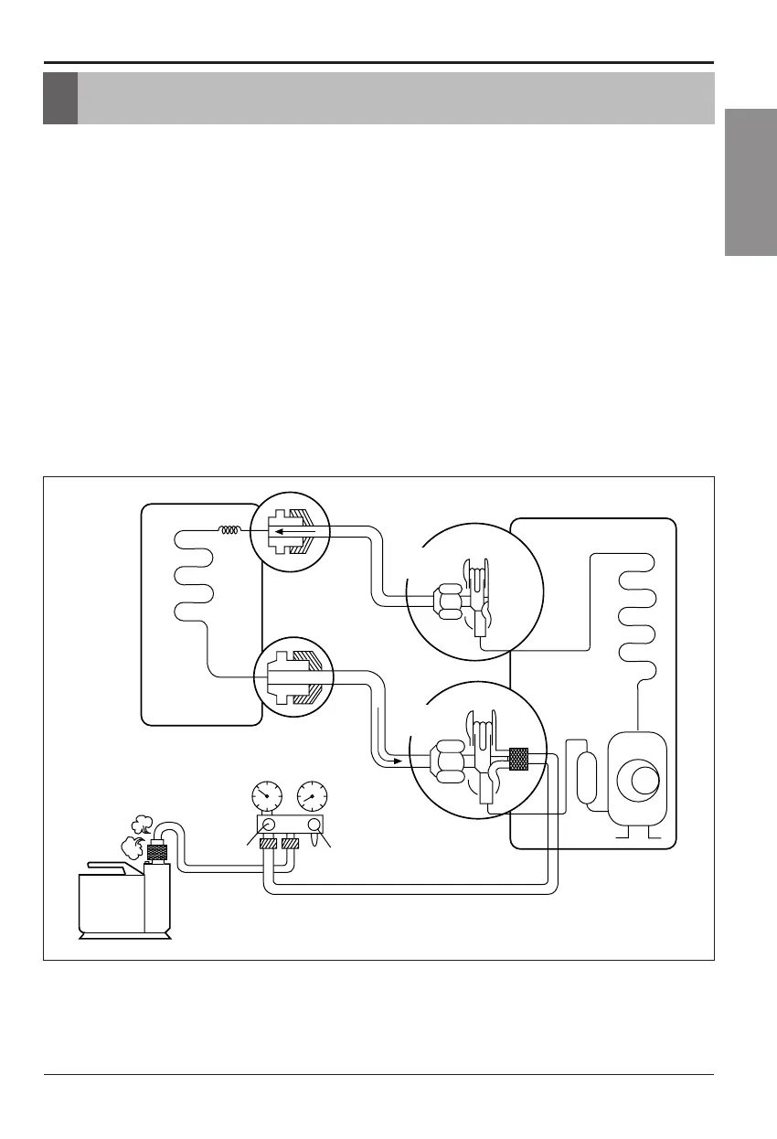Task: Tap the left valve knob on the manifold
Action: (268, 826)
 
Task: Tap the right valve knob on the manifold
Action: (314, 826)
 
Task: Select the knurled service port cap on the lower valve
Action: (519, 759)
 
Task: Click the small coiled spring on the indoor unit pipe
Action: (230, 529)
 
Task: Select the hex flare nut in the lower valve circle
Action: (448, 761)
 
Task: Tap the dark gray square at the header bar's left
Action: (60, 99)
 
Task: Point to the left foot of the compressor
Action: (624, 833)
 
